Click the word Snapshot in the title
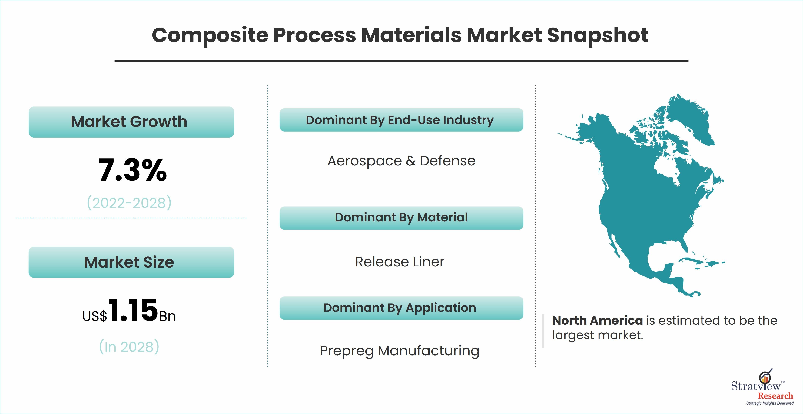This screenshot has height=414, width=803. tap(598, 35)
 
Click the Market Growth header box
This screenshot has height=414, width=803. tap(131, 122)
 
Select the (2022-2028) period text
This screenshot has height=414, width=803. tap(129, 203)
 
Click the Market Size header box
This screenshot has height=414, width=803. tap(131, 262)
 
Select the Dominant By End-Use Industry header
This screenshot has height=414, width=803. tap(401, 120)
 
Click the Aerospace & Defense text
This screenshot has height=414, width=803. tap(401, 161)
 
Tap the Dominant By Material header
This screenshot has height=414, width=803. tap(401, 218)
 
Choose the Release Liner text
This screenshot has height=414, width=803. tap(400, 262)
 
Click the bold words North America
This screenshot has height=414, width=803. tap(597, 320)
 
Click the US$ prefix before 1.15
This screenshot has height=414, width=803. tap(95, 316)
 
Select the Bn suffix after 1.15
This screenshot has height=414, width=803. tap(167, 317)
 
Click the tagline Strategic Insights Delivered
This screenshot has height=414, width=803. tap(770, 403)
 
